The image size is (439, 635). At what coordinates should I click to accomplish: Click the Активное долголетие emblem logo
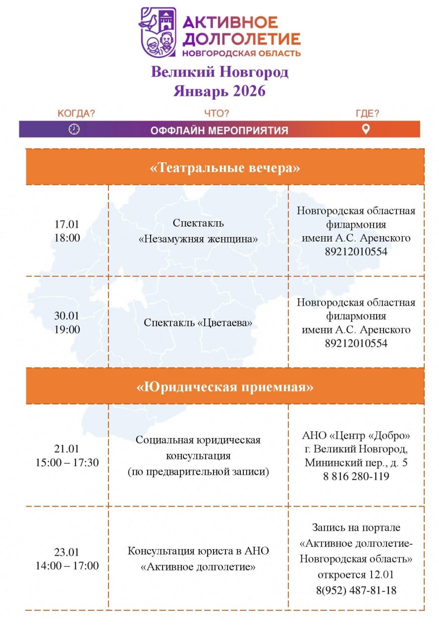click(x=158, y=32)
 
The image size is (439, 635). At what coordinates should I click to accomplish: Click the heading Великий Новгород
click(x=219, y=72)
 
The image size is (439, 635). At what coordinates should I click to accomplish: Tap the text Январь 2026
click(x=219, y=91)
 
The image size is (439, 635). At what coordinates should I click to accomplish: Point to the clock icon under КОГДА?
click(x=74, y=129)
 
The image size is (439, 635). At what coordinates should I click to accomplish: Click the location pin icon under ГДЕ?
click(x=366, y=129)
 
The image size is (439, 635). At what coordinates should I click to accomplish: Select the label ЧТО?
click(x=217, y=114)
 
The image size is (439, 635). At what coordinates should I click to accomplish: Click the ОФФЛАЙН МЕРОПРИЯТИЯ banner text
click(x=219, y=130)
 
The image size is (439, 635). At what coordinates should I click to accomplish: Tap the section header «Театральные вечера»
click(x=225, y=168)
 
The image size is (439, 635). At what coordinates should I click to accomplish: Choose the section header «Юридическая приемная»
click(x=225, y=386)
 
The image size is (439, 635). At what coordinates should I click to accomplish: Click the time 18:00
click(x=67, y=238)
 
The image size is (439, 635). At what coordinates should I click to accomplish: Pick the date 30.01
click(x=67, y=316)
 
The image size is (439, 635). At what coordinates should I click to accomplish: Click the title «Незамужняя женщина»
click(x=198, y=239)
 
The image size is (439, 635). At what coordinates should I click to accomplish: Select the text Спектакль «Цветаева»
click(x=198, y=322)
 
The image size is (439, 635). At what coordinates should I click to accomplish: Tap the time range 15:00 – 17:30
click(x=67, y=463)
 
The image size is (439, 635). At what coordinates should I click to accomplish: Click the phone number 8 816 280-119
click(x=356, y=476)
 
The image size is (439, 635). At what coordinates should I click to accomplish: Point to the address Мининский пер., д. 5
click(x=356, y=463)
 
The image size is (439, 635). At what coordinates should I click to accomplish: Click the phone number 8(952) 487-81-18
click(x=356, y=590)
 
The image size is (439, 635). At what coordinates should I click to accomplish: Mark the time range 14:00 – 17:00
click(x=67, y=566)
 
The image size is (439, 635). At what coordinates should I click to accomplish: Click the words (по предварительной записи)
click(x=198, y=472)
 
